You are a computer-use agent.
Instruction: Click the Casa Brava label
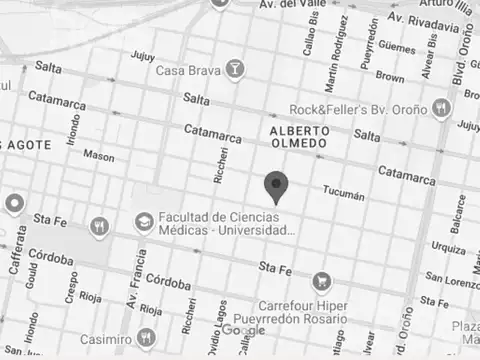coord(188,70)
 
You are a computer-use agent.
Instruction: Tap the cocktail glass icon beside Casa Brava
coord(234,69)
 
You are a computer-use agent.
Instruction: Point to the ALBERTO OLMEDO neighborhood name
coord(298,137)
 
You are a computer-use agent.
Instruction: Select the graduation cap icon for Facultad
coord(145,220)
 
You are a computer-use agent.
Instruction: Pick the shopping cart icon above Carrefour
coord(321,281)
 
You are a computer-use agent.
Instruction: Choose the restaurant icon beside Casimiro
coord(146,336)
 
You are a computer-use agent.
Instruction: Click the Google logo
coord(243,330)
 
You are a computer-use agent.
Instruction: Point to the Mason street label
coord(98,156)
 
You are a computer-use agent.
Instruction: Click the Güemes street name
coord(397,47)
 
